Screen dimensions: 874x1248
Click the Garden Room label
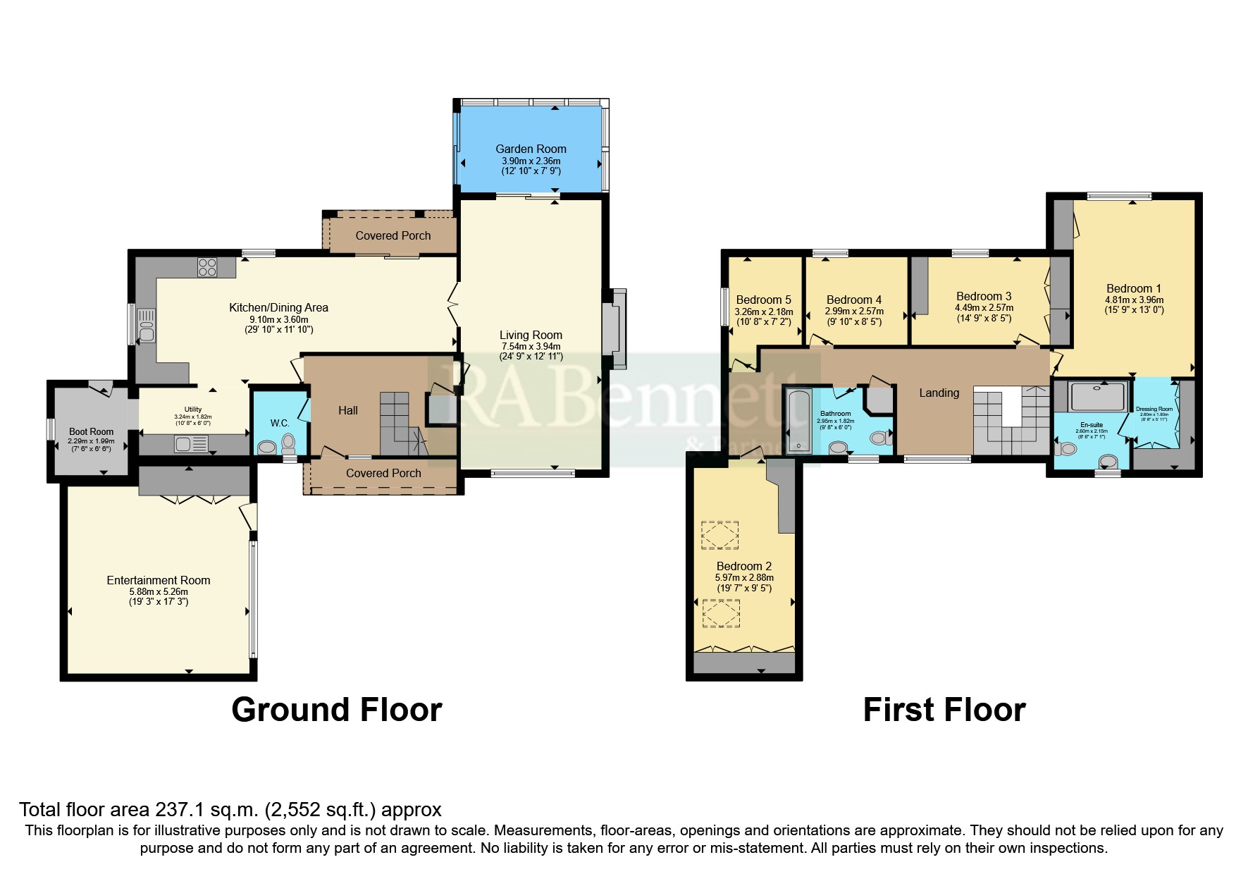pos(531,149)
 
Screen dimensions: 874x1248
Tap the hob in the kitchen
pos(207,267)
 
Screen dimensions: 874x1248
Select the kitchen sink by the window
pos(147,326)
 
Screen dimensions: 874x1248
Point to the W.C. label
pos(280,423)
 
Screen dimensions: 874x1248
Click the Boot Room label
pos(91,431)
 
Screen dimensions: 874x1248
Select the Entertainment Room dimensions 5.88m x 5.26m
pos(159,592)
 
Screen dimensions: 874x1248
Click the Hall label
pos(348,410)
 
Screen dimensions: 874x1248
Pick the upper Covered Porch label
pos(393,235)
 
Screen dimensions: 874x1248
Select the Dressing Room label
pos(1154,409)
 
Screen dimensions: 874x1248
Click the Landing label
pos(939,393)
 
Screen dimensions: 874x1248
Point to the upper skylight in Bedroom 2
pos(719,535)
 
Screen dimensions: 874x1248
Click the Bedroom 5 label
pos(763,300)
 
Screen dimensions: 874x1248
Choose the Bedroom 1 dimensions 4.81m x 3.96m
pos(1134,300)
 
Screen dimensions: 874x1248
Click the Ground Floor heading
pos(336,710)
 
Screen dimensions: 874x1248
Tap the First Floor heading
pos(944,710)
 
